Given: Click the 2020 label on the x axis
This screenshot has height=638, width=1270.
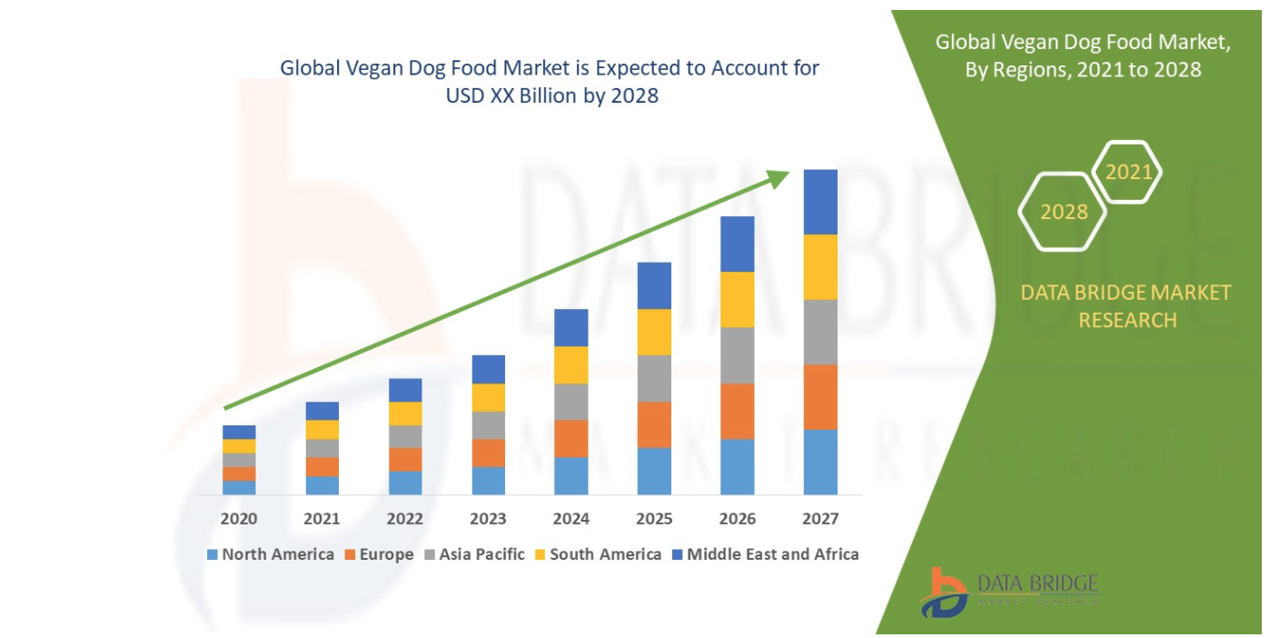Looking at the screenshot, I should (x=239, y=519).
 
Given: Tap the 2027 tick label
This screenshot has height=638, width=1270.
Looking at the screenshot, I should (x=820, y=519).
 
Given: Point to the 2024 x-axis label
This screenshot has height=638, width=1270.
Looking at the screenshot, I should (x=571, y=519).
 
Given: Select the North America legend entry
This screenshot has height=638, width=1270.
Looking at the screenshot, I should (x=271, y=554).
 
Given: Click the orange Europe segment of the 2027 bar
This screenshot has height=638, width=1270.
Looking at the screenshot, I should (x=820, y=396).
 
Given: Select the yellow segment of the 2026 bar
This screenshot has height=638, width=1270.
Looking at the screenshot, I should (x=738, y=299).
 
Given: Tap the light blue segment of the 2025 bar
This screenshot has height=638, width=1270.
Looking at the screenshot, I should (x=654, y=471).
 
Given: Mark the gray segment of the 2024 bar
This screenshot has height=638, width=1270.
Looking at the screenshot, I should (x=571, y=402).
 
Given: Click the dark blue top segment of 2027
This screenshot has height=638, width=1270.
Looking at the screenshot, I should (x=820, y=202).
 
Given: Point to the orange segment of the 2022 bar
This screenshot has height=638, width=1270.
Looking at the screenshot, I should (x=405, y=459).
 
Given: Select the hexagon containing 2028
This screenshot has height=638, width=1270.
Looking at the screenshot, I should (x=1064, y=212).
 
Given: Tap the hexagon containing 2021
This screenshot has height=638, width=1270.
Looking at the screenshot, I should (x=1128, y=172).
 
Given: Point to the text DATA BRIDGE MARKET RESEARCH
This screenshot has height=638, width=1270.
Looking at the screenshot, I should (x=1126, y=306).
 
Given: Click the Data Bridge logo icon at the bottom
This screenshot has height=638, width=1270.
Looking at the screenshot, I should (x=942, y=593).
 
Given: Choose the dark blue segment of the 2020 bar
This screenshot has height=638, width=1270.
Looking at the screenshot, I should (x=239, y=432).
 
